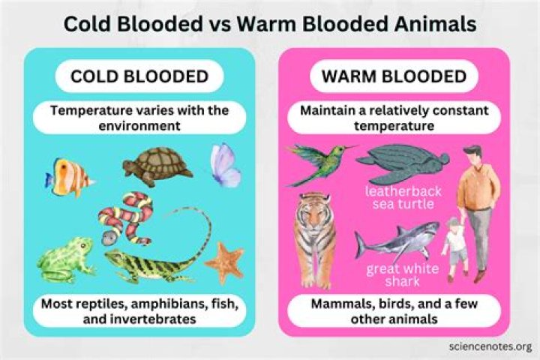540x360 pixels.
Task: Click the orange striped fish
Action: point(70,178)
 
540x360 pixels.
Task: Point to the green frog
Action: point(66,259)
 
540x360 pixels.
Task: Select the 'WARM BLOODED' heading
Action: point(394,77)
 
